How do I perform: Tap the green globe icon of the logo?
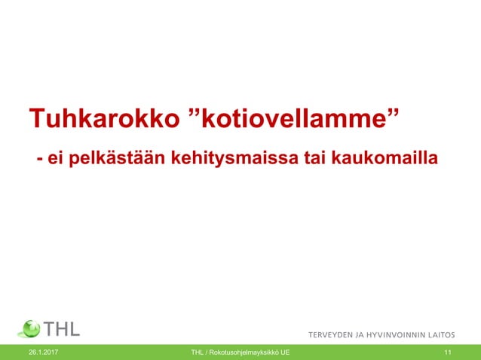(x=29, y=330)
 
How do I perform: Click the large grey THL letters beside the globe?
(x=63, y=330)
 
